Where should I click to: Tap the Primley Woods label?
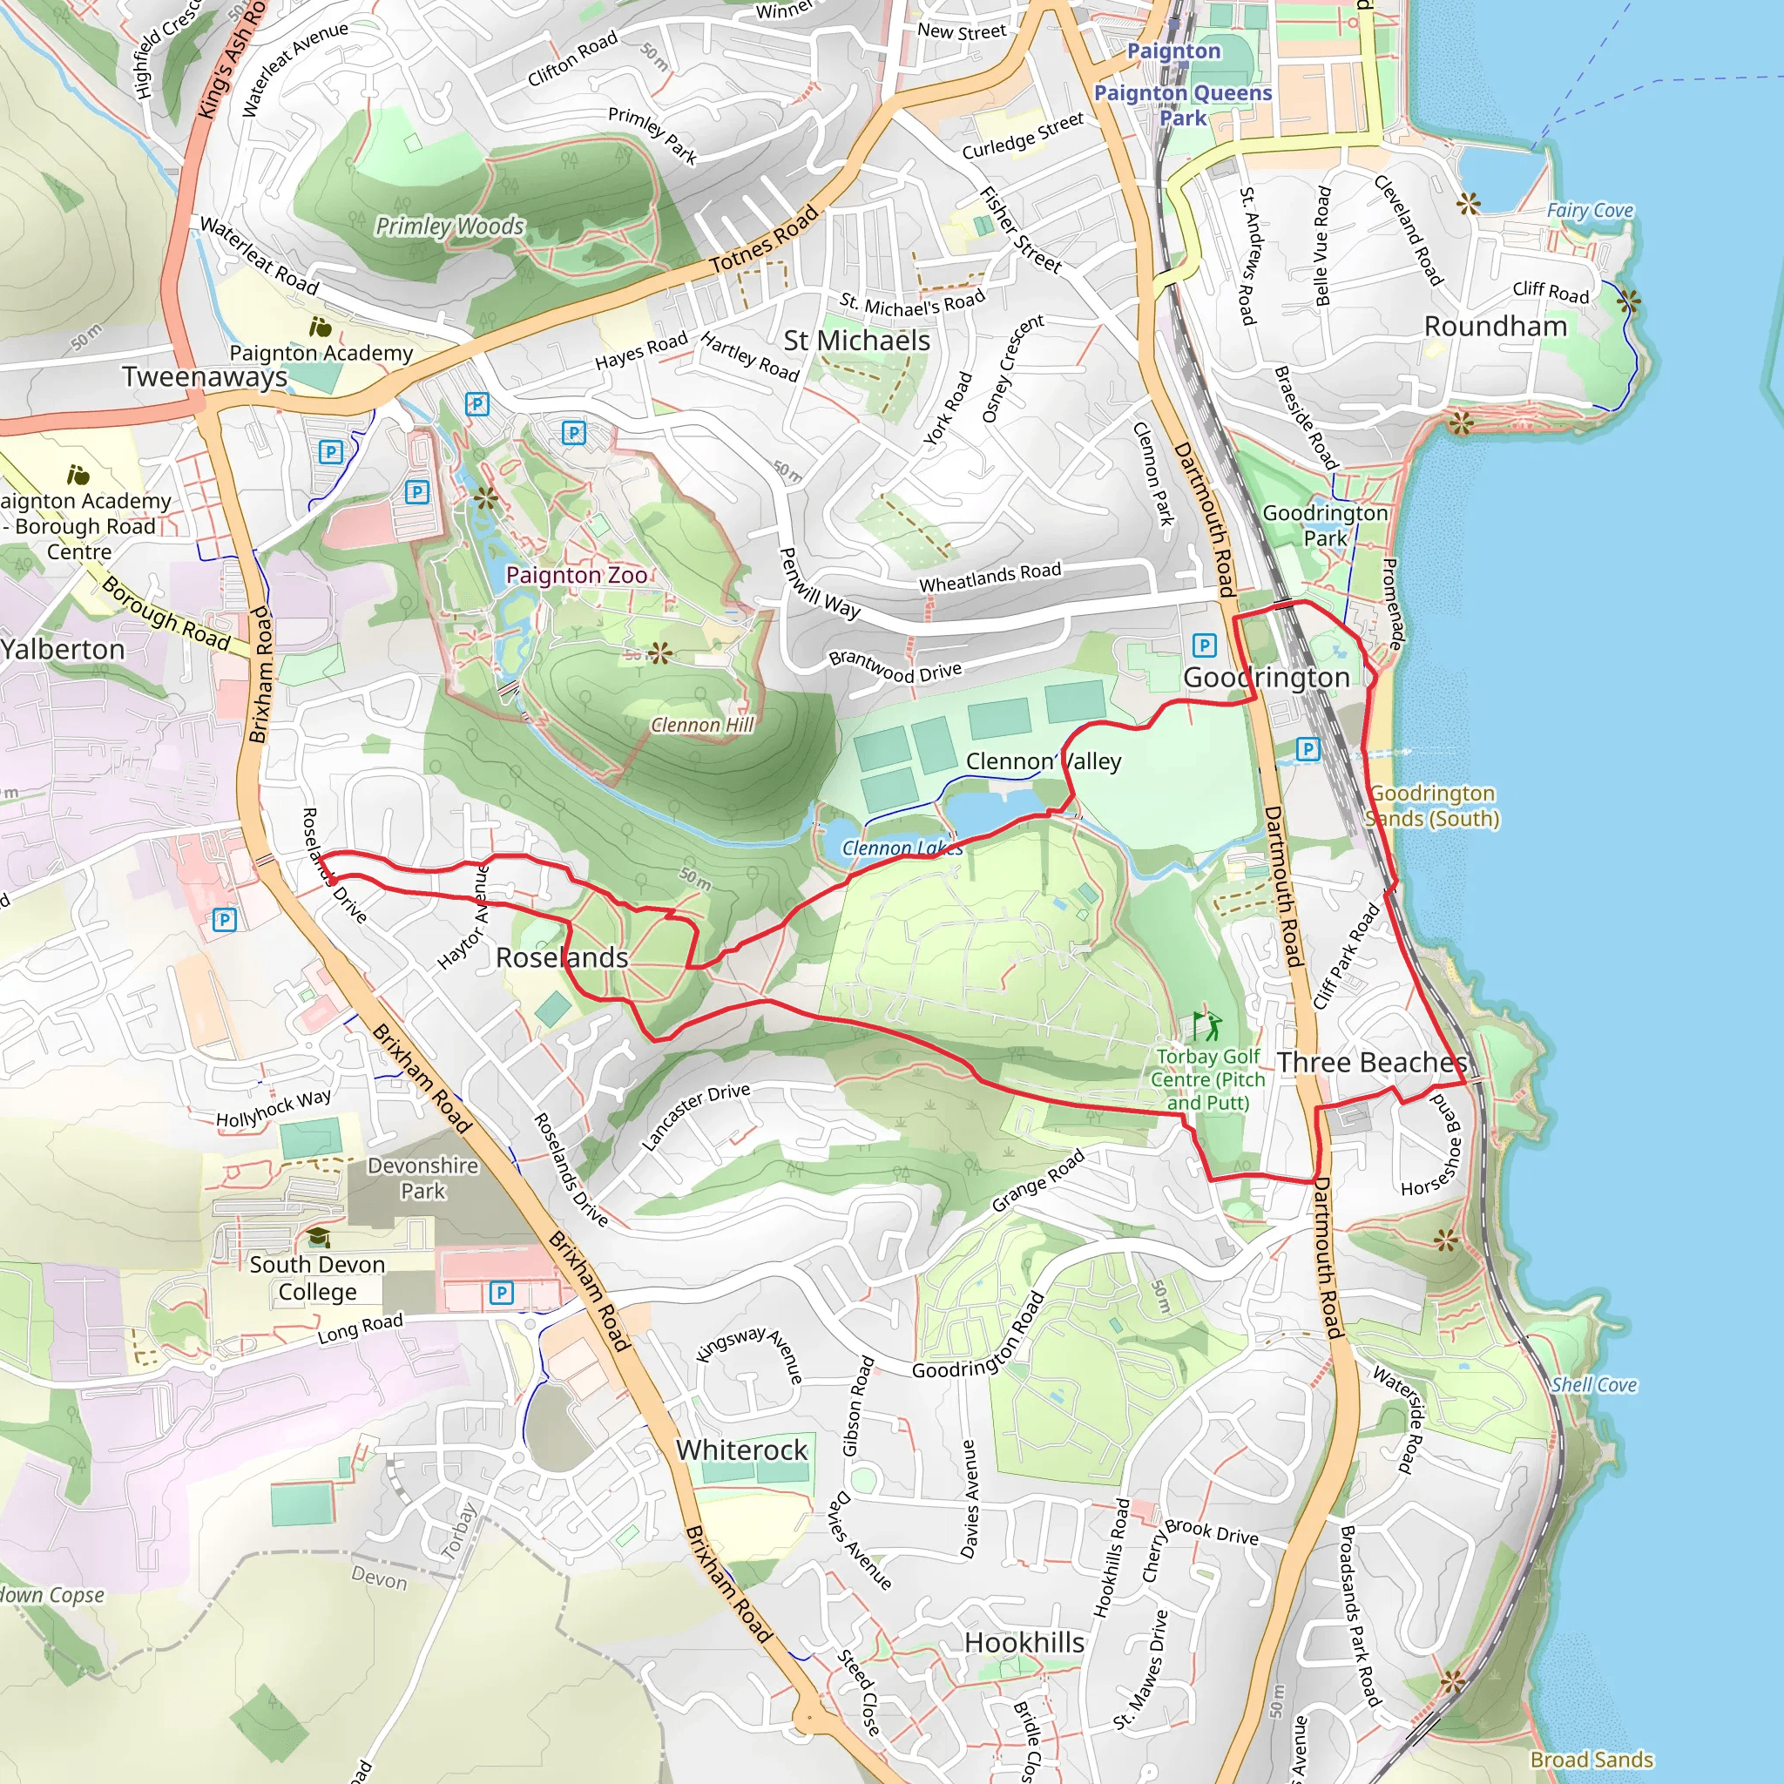pos(449,226)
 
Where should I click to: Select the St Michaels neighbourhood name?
pos(857,341)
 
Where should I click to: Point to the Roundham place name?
pos(1495,326)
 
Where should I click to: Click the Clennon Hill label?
pos(702,725)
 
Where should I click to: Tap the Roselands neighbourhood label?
pos(562,957)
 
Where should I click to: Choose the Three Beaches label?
pos(1372,1062)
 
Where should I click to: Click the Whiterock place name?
pos(741,1449)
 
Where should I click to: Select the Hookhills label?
pos(1024,1643)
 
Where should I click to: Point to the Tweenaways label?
pos(205,376)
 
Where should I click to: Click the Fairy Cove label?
pos(1590,211)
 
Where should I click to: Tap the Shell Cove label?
pos(1594,1384)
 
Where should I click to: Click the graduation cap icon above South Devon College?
pos(319,1236)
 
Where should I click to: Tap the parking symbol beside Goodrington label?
pos(1204,645)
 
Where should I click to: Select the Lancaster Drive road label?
pos(695,1117)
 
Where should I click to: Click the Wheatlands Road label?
pos(990,578)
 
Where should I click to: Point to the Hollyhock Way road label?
pos(274,1108)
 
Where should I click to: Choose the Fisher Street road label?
pos(1020,229)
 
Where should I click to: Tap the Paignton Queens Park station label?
pos(1183,105)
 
